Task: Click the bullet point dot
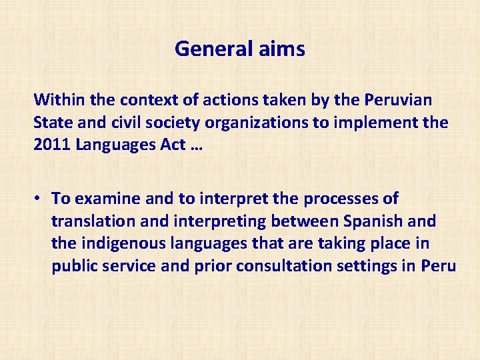(41, 199)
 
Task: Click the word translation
(93, 221)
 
